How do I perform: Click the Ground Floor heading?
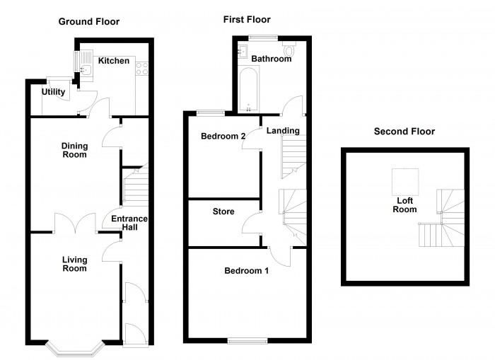(88, 21)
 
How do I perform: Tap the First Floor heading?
(247, 19)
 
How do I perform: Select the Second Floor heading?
(404, 131)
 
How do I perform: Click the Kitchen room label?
(114, 61)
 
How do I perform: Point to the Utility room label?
(53, 92)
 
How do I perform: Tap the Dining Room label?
(74, 150)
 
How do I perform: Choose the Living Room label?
(74, 264)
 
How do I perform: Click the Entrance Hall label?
(129, 223)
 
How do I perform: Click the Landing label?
(283, 130)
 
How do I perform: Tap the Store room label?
(223, 211)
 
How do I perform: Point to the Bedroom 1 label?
(246, 271)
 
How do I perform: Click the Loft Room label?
(405, 204)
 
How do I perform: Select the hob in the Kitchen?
(139, 69)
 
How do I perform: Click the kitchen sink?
(84, 66)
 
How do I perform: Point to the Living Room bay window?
(74, 348)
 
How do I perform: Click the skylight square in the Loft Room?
(405, 182)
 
